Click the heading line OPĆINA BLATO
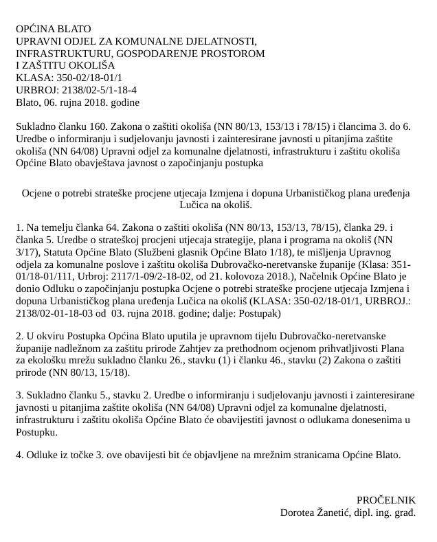coord(54,29)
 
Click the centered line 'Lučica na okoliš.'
coord(216,205)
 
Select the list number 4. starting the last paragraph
coord(19,455)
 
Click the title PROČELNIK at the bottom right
coord(386,500)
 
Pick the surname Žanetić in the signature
coord(335,512)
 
